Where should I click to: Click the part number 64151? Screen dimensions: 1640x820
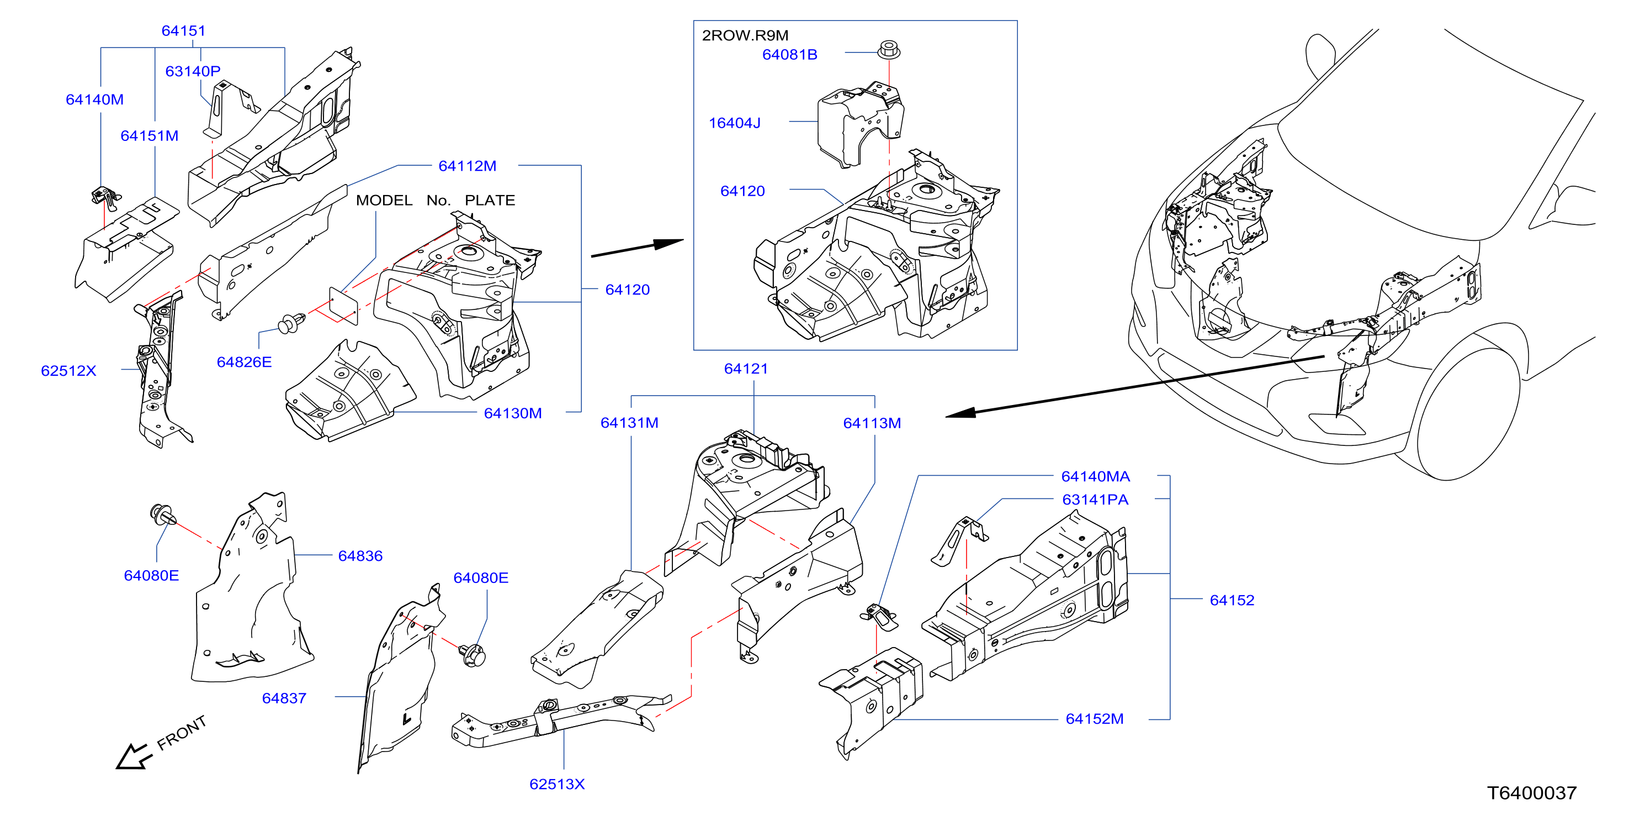coord(183,30)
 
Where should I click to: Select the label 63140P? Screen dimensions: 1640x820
coord(193,71)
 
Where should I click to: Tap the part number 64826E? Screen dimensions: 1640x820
coord(245,362)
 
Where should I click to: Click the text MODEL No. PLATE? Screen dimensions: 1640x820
coord(436,200)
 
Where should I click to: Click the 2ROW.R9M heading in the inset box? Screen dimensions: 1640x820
coord(745,35)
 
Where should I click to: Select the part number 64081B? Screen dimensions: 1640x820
coord(789,55)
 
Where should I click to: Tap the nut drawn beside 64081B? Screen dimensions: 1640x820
coord(889,50)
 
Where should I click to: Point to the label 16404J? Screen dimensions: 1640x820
coord(735,123)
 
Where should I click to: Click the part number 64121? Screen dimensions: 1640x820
coord(746,369)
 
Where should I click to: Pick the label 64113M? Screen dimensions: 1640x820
coord(872,423)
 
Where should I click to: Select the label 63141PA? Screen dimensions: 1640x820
coord(1095,500)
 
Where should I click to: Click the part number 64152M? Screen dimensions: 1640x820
coord(1095,719)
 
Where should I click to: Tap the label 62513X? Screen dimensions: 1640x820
coord(557,784)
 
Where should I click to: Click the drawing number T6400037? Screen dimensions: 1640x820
coord(1532,793)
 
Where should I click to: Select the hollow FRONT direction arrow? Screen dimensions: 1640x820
coord(134,757)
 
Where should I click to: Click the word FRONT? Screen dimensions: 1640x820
coord(182,733)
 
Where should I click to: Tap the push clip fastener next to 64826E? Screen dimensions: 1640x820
coord(291,322)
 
